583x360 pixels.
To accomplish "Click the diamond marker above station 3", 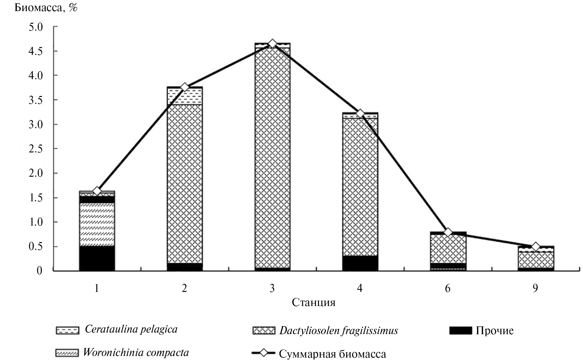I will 272,44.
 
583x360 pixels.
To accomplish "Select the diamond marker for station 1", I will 97,191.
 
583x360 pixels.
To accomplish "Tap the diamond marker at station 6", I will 448,232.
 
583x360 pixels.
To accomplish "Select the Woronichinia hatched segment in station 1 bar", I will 97,224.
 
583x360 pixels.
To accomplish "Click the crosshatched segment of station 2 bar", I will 185,183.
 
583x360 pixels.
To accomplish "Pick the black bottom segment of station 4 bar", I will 360,263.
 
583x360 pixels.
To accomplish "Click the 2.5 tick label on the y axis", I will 36,149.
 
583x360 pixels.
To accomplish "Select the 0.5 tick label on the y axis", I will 36,247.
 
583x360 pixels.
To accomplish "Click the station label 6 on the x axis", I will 448,288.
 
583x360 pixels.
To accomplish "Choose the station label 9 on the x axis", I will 536,288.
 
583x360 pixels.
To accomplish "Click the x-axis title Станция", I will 314,302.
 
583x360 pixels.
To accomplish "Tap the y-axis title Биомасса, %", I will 46,8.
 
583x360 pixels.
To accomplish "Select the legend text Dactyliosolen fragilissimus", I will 339,331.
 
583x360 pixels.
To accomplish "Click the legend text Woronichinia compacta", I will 136,352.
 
